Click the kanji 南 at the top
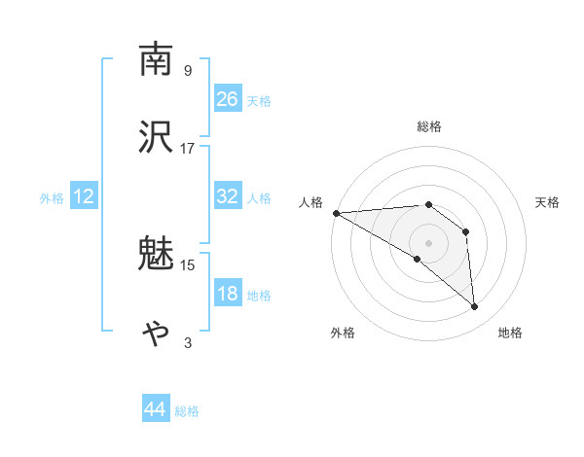157,60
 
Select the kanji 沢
157,137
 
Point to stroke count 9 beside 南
187,70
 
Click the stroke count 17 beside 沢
188,148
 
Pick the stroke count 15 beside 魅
188,264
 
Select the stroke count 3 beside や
188,342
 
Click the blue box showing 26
228,99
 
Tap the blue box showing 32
228,197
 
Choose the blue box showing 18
228,295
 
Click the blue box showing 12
83,197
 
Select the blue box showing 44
155,410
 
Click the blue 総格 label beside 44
187,411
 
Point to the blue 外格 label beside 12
52,198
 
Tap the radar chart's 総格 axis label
428,126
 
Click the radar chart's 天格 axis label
547,202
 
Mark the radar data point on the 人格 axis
336,213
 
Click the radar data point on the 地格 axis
475,307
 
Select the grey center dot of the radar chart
428,242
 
